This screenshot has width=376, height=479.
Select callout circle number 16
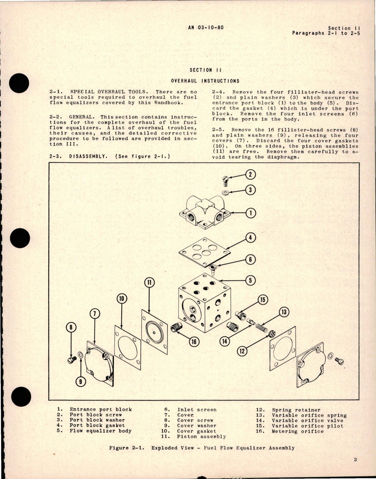194,341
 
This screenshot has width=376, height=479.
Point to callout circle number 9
81,381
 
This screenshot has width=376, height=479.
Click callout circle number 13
284,312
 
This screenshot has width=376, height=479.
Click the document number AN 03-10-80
206,27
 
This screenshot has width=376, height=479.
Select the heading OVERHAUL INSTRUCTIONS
205,81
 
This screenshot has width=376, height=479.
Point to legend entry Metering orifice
297,431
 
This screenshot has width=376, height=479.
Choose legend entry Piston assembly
201,436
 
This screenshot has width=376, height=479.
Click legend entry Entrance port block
100,409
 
